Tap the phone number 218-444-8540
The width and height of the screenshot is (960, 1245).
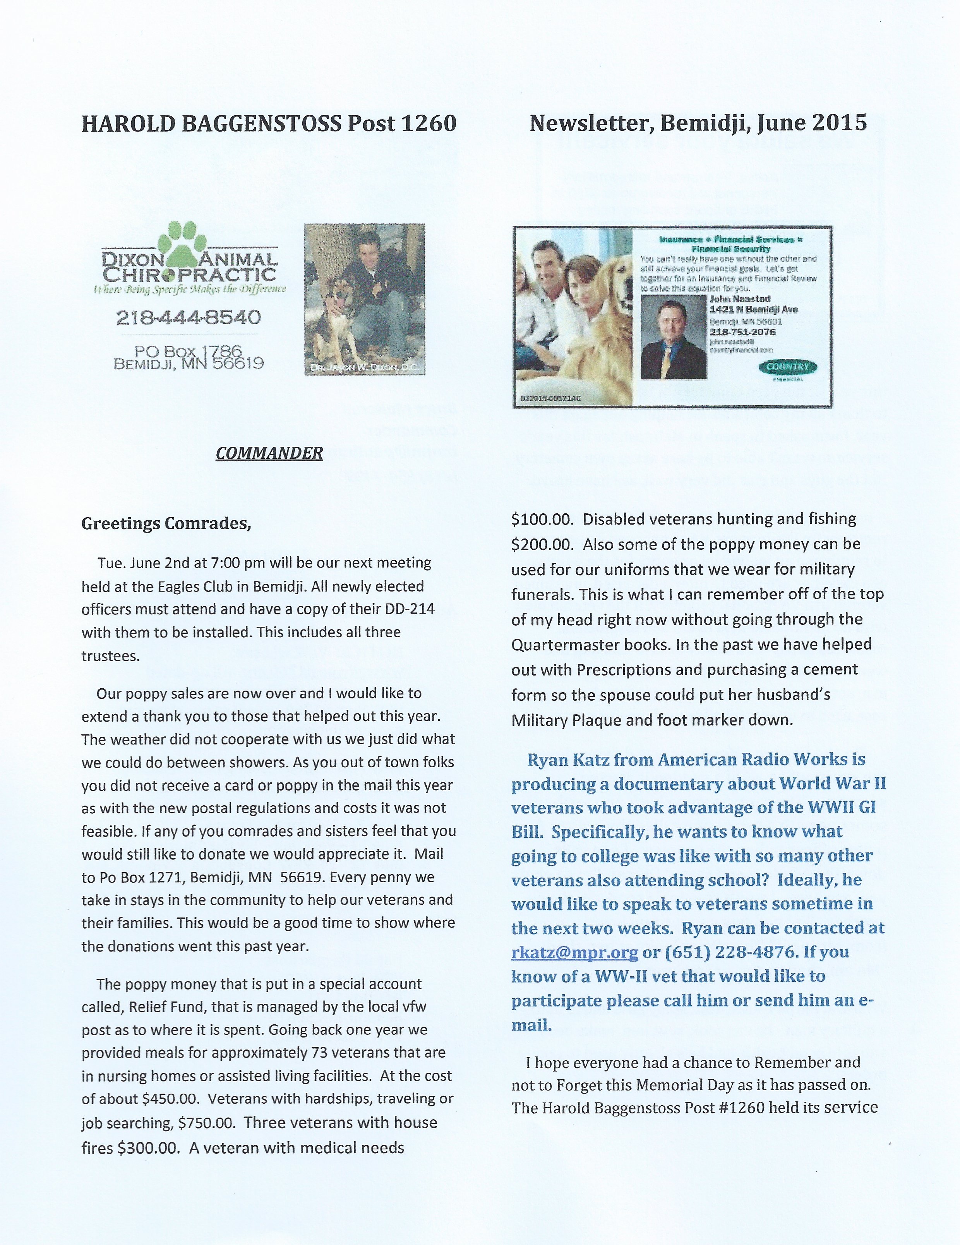click(x=188, y=317)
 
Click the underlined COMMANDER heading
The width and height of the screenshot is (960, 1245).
click(x=269, y=453)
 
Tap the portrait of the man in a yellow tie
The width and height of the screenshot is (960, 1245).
click(x=673, y=339)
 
